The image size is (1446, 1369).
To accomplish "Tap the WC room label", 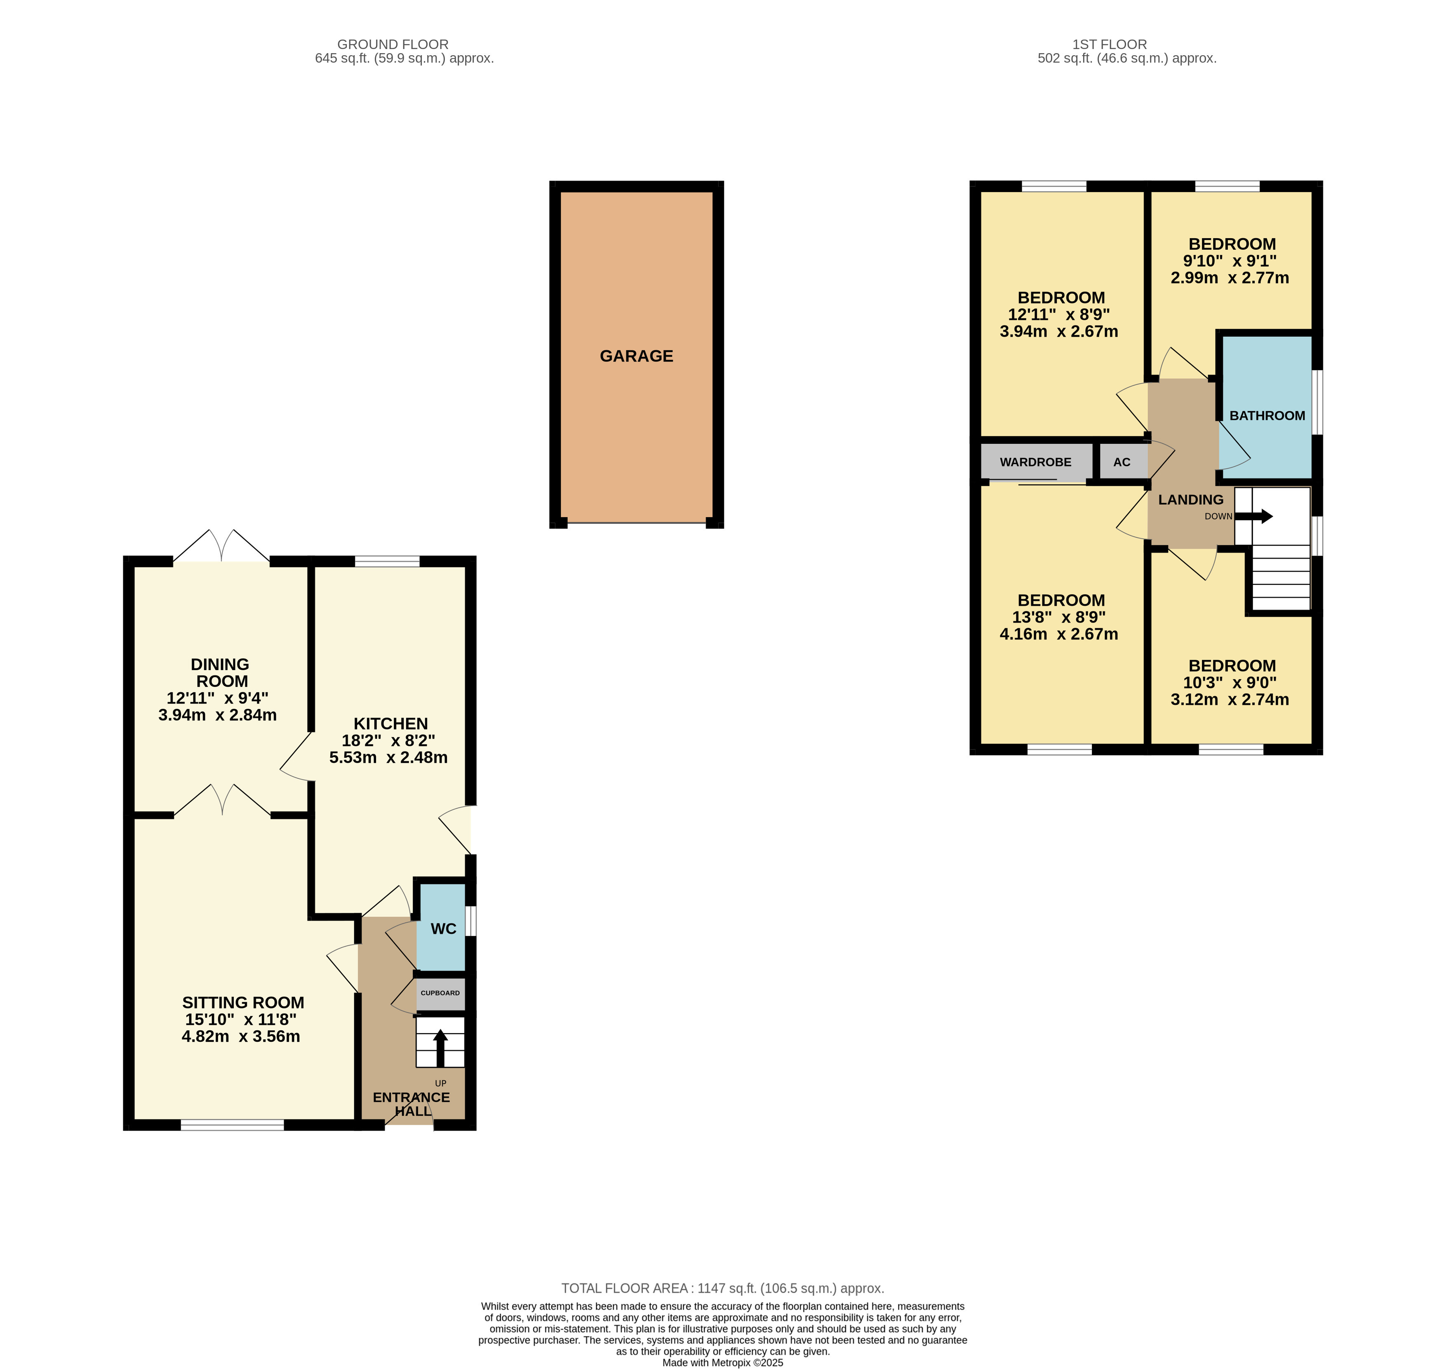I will [x=443, y=929].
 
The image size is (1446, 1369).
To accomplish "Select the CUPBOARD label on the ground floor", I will [x=440, y=993].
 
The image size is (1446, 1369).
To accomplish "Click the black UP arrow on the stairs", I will [x=440, y=1047].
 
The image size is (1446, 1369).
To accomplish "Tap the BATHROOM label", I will [x=1267, y=415].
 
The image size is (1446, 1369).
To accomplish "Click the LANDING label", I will [x=1190, y=500].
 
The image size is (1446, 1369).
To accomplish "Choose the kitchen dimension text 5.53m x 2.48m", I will [x=388, y=757].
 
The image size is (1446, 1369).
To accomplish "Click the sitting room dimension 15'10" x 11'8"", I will [x=241, y=1020].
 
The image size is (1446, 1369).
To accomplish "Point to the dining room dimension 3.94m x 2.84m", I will [x=218, y=715].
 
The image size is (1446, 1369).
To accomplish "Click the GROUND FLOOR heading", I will [x=393, y=45].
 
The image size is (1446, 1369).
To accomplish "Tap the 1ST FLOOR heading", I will [x=1110, y=45].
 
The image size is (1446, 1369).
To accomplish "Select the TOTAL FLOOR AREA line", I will [x=723, y=1289].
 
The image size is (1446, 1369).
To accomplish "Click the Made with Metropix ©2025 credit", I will [x=723, y=1362].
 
